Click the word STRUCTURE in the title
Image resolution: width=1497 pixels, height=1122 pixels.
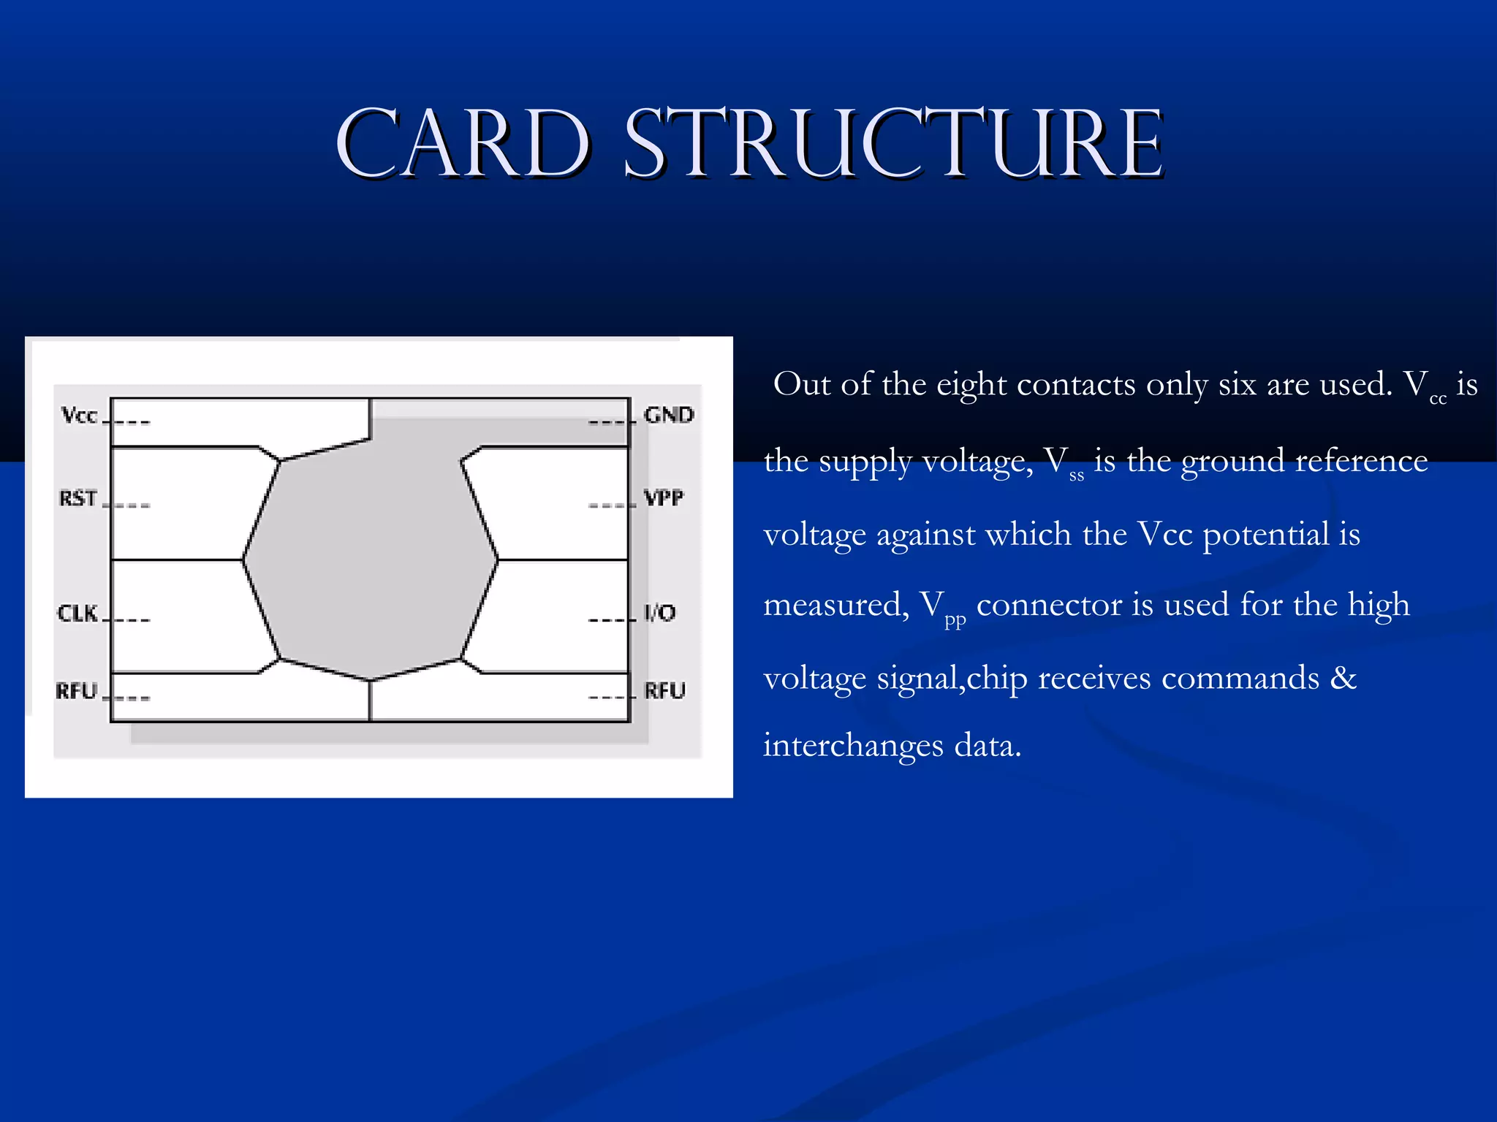(x=893, y=144)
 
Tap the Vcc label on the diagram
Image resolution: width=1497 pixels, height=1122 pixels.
(x=79, y=416)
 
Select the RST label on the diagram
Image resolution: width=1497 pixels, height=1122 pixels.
(x=77, y=499)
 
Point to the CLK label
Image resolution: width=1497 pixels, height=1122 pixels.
(x=77, y=613)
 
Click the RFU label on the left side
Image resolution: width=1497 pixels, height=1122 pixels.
(x=77, y=690)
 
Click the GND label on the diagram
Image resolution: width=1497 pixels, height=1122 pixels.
(x=668, y=415)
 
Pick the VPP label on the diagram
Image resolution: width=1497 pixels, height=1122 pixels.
(x=664, y=498)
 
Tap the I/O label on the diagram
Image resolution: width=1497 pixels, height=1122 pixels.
(x=659, y=612)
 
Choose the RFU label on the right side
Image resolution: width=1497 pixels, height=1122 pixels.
(x=664, y=690)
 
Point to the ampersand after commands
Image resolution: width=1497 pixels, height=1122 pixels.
(x=1343, y=678)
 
